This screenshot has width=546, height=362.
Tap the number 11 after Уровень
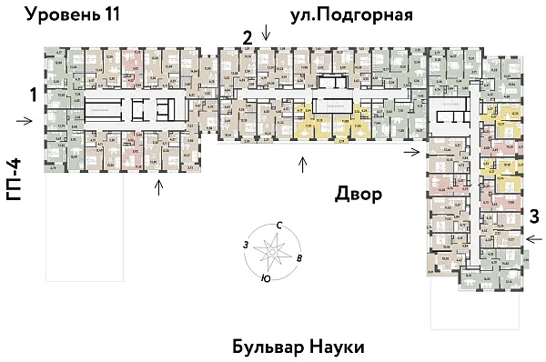pyautogui.click(x=108, y=14)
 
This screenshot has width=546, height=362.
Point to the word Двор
pyautogui.click(x=357, y=195)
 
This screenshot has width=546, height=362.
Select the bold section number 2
pyautogui.click(x=247, y=37)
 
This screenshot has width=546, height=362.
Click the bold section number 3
pyautogui.click(x=534, y=216)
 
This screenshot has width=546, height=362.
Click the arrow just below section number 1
pyautogui.click(x=28, y=120)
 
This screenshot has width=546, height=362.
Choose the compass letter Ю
pyautogui.click(x=263, y=277)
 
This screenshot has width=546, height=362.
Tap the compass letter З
pyautogui.click(x=245, y=245)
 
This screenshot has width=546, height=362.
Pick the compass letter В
pyautogui.click(x=299, y=258)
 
